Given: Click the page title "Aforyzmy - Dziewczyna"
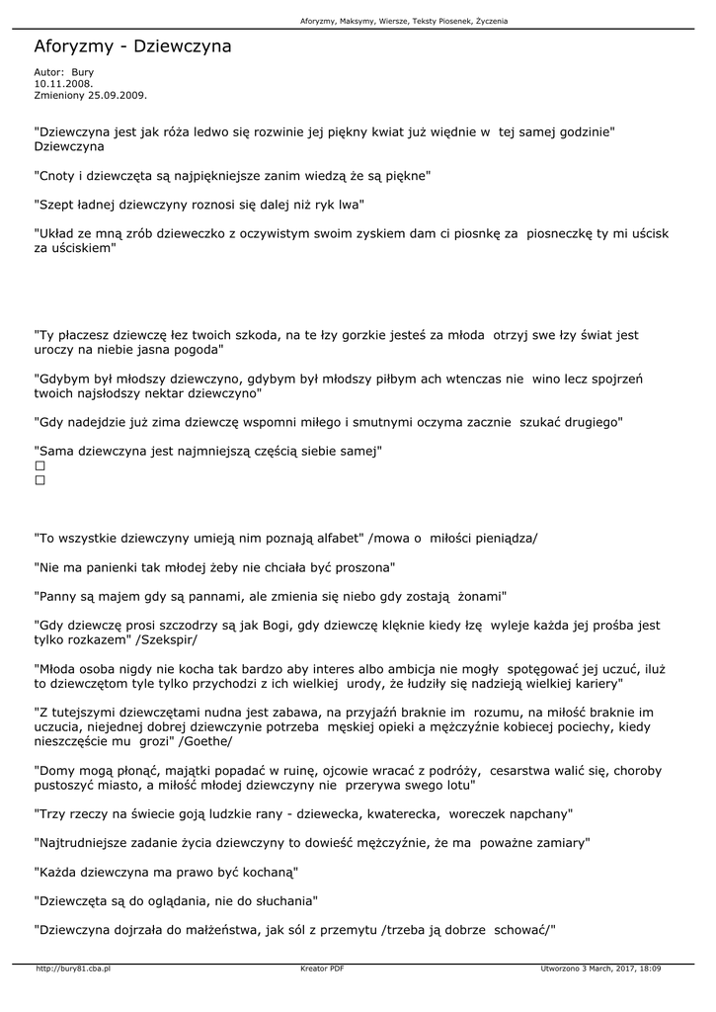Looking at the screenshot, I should tap(132, 46).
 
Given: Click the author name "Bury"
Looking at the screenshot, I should tap(82, 72).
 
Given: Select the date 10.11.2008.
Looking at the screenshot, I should tap(57, 84).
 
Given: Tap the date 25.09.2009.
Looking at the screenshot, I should tap(117, 95).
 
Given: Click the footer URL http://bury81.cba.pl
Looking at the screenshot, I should tap(73, 969).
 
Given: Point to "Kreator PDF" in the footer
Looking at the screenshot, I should tap(322, 969).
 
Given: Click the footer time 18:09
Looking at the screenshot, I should tap(649, 969).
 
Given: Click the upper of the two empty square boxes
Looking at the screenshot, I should tap(40, 465).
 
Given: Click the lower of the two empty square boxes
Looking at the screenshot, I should tap(40, 480).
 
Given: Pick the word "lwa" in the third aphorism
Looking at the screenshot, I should tap(350, 205).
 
